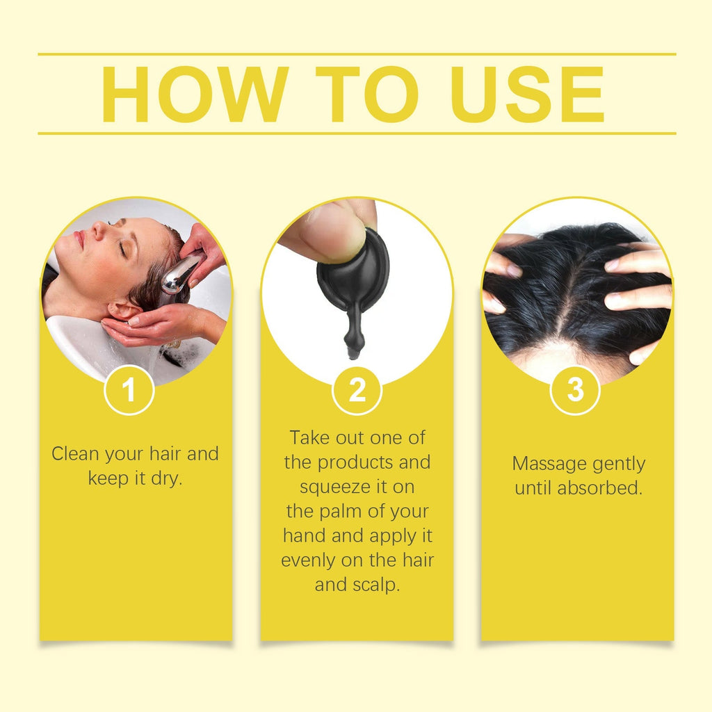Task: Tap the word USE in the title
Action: click(x=530, y=95)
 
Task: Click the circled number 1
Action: click(x=129, y=391)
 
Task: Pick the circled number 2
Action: click(x=357, y=391)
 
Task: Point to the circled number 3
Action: click(x=575, y=391)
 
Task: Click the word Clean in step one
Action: click(x=75, y=455)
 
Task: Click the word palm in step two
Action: click(x=345, y=512)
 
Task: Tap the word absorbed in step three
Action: click(x=599, y=488)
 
